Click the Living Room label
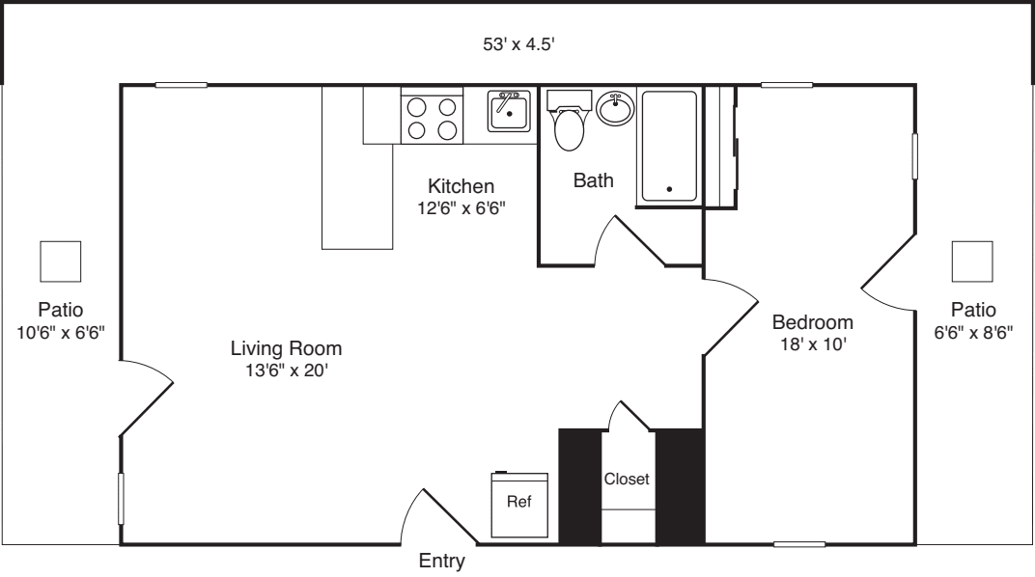[286, 347]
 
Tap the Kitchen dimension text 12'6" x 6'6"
[462, 206]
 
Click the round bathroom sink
[615, 108]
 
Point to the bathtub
[668, 146]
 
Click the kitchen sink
[508, 111]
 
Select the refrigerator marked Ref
[519, 505]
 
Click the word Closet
[627, 479]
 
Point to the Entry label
[442, 562]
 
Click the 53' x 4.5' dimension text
[517, 44]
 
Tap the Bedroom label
[813, 322]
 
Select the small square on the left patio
[60, 261]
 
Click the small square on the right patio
[972, 261]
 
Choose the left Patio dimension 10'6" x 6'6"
[60, 331]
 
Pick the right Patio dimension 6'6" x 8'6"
[972, 331]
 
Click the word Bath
[593, 180]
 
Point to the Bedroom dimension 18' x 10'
[813, 343]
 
